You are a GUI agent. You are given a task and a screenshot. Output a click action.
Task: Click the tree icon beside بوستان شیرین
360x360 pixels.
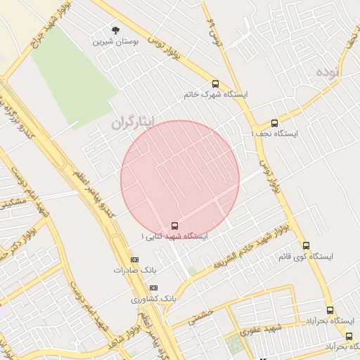115,30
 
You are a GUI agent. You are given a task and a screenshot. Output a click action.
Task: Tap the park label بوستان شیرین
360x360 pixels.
116,41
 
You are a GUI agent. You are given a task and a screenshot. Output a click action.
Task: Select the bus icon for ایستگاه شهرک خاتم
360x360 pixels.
215,84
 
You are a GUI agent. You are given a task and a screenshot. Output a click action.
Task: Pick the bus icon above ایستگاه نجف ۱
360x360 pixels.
274,123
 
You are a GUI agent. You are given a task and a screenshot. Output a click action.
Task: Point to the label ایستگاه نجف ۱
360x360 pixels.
274,134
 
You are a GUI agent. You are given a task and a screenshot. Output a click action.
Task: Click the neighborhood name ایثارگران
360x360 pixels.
131,122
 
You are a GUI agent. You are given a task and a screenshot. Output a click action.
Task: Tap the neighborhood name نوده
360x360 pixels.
328,72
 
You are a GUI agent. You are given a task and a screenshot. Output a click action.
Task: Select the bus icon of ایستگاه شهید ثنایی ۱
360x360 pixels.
174,226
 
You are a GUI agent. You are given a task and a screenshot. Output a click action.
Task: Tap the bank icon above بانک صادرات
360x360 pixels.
134,259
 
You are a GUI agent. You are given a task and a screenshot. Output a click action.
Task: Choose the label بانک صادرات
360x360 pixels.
131,269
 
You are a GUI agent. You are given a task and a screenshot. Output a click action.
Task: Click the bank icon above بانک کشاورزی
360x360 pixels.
154,288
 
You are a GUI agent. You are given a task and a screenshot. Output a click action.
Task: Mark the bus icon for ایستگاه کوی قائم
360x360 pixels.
305,245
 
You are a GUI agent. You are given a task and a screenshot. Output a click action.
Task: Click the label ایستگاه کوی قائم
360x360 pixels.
304,256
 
